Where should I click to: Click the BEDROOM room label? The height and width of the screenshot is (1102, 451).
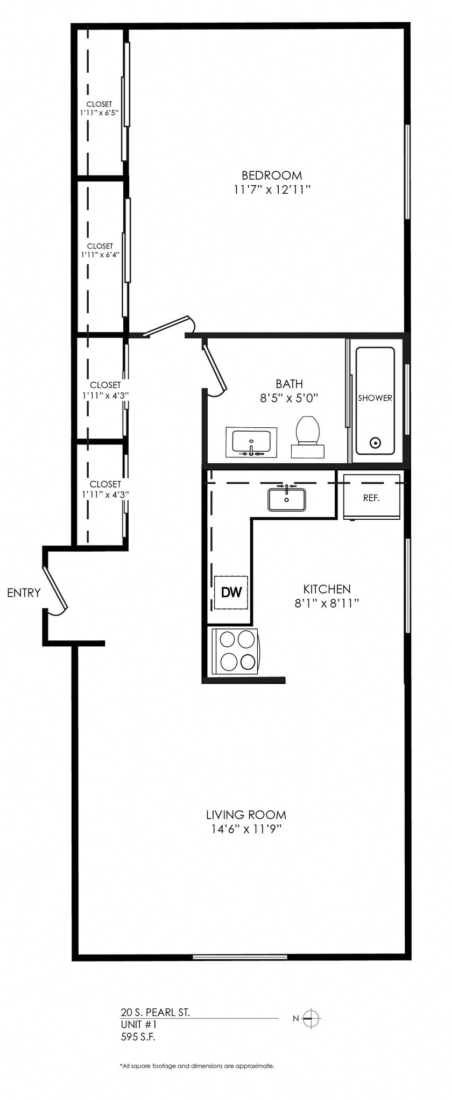click(272, 175)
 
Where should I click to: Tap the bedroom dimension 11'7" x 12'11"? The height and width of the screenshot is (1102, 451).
click(272, 190)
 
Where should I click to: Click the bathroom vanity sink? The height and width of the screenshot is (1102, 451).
click(251, 443)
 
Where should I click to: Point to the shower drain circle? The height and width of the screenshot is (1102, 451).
click(375, 443)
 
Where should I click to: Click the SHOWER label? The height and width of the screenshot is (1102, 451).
click(375, 398)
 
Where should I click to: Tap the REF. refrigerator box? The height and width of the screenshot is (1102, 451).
click(371, 497)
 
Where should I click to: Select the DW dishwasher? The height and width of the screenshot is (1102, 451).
click(231, 592)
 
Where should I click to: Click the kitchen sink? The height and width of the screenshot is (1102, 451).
click(287, 498)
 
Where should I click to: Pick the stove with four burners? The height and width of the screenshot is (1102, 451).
click(235, 651)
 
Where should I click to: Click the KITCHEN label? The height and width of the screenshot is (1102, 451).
click(327, 589)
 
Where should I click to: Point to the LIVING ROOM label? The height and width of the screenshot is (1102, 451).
click(246, 815)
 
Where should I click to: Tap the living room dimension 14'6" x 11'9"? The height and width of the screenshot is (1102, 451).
click(246, 829)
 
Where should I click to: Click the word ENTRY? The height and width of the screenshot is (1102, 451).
click(24, 593)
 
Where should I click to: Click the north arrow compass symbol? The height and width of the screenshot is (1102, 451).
click(312, 1018)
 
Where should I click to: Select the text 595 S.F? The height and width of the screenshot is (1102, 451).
click(138, 1037)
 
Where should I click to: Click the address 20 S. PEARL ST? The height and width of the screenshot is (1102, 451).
click(155, 1012)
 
